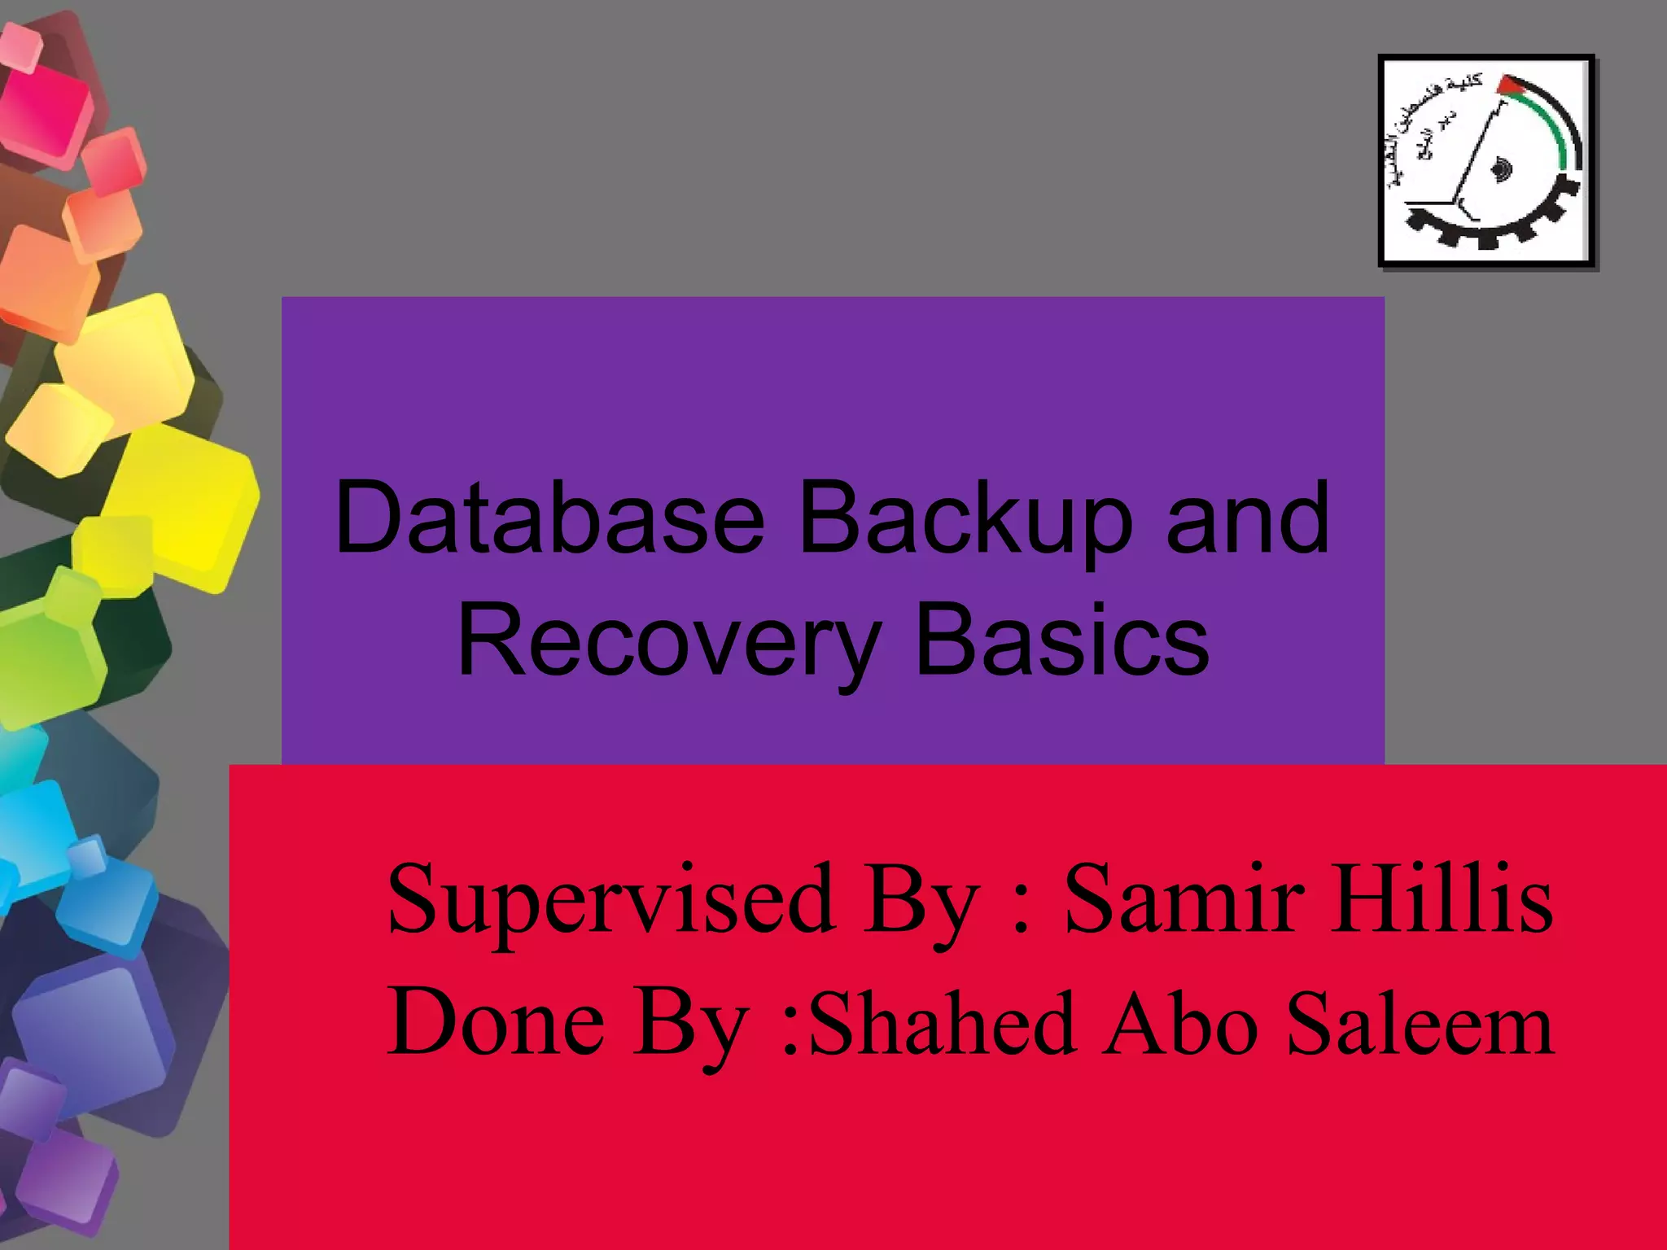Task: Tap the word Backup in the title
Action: point(965,521)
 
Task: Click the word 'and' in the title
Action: point(1247,518)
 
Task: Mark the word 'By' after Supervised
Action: point(921,903)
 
